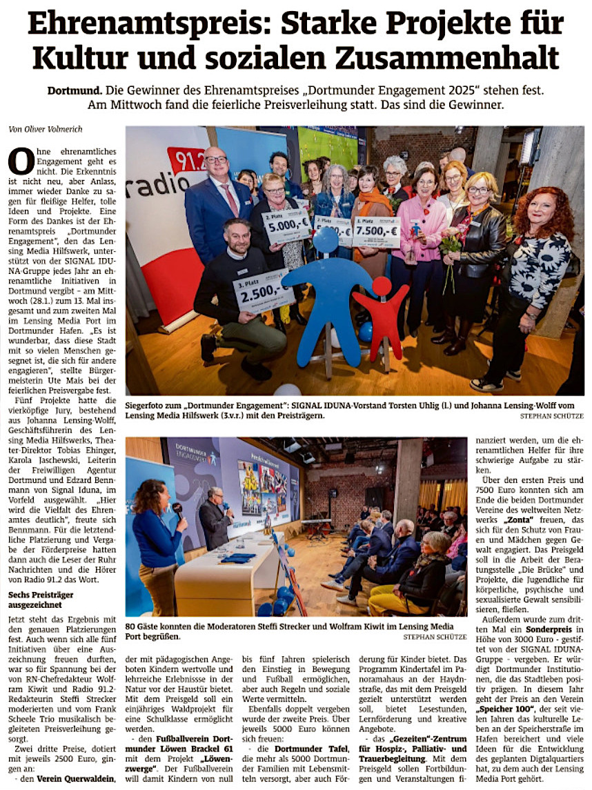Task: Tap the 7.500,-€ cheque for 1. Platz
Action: tap(377, 232)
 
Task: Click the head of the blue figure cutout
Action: tap(325, 241)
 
